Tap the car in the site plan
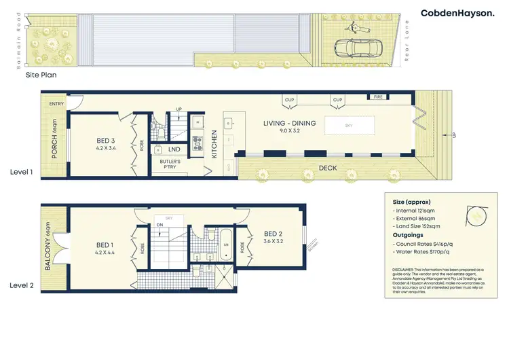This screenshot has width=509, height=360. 357,48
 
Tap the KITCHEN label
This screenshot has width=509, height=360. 214,145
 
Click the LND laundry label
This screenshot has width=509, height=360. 174,149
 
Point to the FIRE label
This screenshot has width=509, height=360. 379,97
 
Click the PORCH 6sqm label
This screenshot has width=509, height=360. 55,145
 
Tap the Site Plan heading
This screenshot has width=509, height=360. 41,75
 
